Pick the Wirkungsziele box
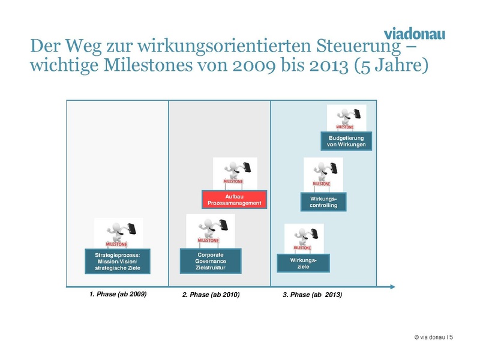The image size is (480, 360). [x=303, y=263]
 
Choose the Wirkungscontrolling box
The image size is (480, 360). [x=323, y=201]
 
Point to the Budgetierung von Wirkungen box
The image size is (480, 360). [x=346, y=141]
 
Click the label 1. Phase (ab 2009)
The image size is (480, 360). [x=118, y=295]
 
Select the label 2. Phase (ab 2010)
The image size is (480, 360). [x=211, y=295]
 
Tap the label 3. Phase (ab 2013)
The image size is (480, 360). [x=312, y=295]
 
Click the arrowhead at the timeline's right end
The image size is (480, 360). [x=391, y=286]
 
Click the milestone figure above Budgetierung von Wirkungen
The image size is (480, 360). [x=346, y=118]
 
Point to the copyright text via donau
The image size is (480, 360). [x=433, y=338]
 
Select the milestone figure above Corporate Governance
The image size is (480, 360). [x=211, y=230]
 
